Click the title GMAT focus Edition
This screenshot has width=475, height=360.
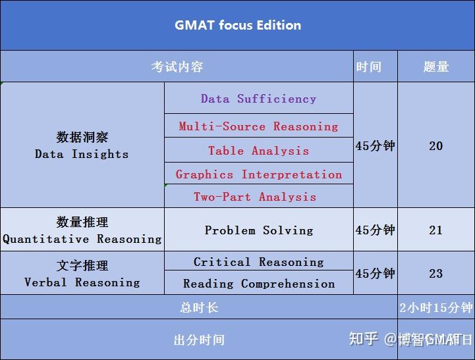coord(238,26)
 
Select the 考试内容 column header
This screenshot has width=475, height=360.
coord(177,66)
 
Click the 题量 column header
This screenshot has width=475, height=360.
coord(436,66)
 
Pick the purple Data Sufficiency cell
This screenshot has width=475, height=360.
coord(258,99)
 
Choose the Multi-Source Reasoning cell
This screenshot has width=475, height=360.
coord(258,126)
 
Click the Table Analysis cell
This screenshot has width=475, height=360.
coord(258,150)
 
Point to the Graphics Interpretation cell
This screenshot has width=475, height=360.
coord(258,174)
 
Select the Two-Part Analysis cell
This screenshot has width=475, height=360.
coord(254,196)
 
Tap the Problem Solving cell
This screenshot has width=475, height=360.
coord(258,230)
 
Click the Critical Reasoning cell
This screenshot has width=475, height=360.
coord(258,261)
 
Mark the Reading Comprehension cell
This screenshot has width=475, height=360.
coord(258,284)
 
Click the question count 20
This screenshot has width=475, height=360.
coord(436,145)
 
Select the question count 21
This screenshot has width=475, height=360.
coord(436,230)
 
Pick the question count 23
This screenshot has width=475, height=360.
coord(436,273)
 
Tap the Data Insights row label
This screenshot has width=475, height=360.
coord(82,145)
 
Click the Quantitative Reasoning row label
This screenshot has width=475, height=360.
coord(82,230)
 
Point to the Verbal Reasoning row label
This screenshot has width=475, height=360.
coord(82,274)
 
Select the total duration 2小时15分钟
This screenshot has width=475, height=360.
coord(436,307)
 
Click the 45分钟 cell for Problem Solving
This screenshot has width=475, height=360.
coord(375,230)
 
